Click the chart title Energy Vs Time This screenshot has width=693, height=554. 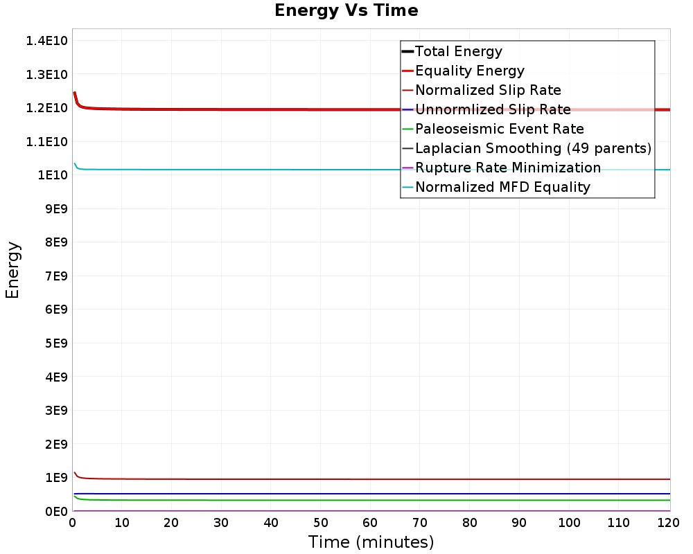click(346, 10)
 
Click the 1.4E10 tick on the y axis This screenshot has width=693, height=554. click(47, 41)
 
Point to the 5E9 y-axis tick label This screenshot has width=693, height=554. click(56, 343)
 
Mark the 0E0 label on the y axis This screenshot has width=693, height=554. click(56, 512)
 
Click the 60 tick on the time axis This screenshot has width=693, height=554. click(370, 523)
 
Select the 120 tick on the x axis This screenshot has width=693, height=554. click(668, 523)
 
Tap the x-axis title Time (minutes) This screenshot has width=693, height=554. click(371, 542)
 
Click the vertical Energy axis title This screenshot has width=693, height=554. click(12, 270)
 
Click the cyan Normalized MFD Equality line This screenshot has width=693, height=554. click(372, 170)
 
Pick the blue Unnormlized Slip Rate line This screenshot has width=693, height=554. click(372, 494)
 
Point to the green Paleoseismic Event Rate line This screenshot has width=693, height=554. click(372, 500)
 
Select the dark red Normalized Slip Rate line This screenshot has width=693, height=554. click(372, 479)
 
